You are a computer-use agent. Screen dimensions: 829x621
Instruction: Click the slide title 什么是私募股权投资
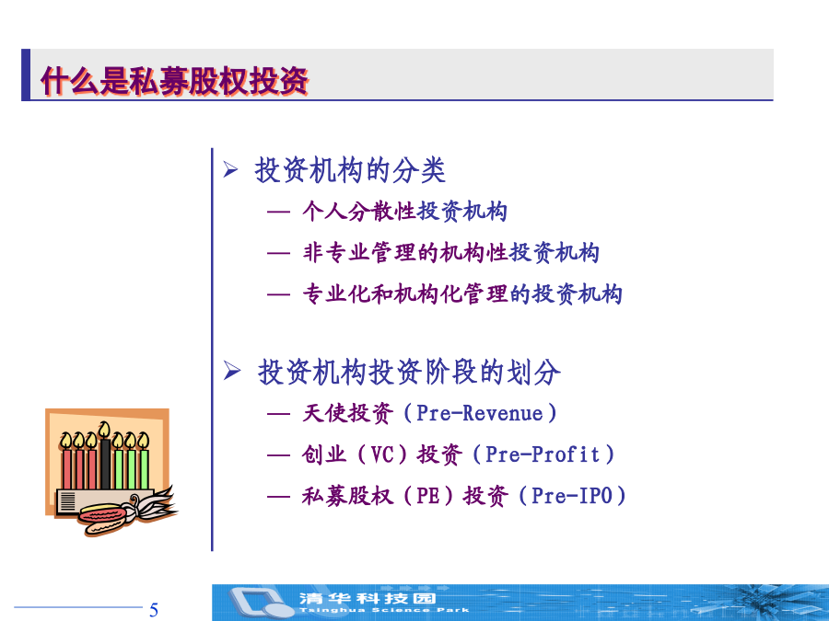coord(174,81)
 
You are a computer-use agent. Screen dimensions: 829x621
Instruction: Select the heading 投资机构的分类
coord(350,170)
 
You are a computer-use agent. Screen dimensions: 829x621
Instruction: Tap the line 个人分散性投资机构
coord(405,212)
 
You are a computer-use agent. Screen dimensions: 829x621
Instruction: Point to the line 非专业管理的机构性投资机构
coord(451,252)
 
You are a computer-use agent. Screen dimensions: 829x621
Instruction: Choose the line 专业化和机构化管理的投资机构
coord(462,293)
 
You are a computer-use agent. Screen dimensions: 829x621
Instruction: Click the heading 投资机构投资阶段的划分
coord(409,372)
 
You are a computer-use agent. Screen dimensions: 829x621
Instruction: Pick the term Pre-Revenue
coord(480,413)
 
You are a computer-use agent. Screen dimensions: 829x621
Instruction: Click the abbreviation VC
coord(382,454)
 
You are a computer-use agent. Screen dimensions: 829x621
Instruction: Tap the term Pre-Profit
coord(543,454)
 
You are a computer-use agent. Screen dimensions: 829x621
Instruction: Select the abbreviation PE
coord(428,496)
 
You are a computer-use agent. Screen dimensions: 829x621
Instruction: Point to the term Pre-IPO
coord(571,496)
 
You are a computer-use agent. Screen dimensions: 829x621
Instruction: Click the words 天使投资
coord(348,413)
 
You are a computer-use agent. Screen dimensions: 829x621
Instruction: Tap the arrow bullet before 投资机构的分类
coord(230,169)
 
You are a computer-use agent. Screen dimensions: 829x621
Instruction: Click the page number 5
coord(154,610)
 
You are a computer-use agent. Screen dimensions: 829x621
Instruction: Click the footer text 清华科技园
coord(368,598)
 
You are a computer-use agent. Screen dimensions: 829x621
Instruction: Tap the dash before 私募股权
coord(278,497)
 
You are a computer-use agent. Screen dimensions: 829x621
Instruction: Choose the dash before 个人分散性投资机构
coord(278,212)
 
